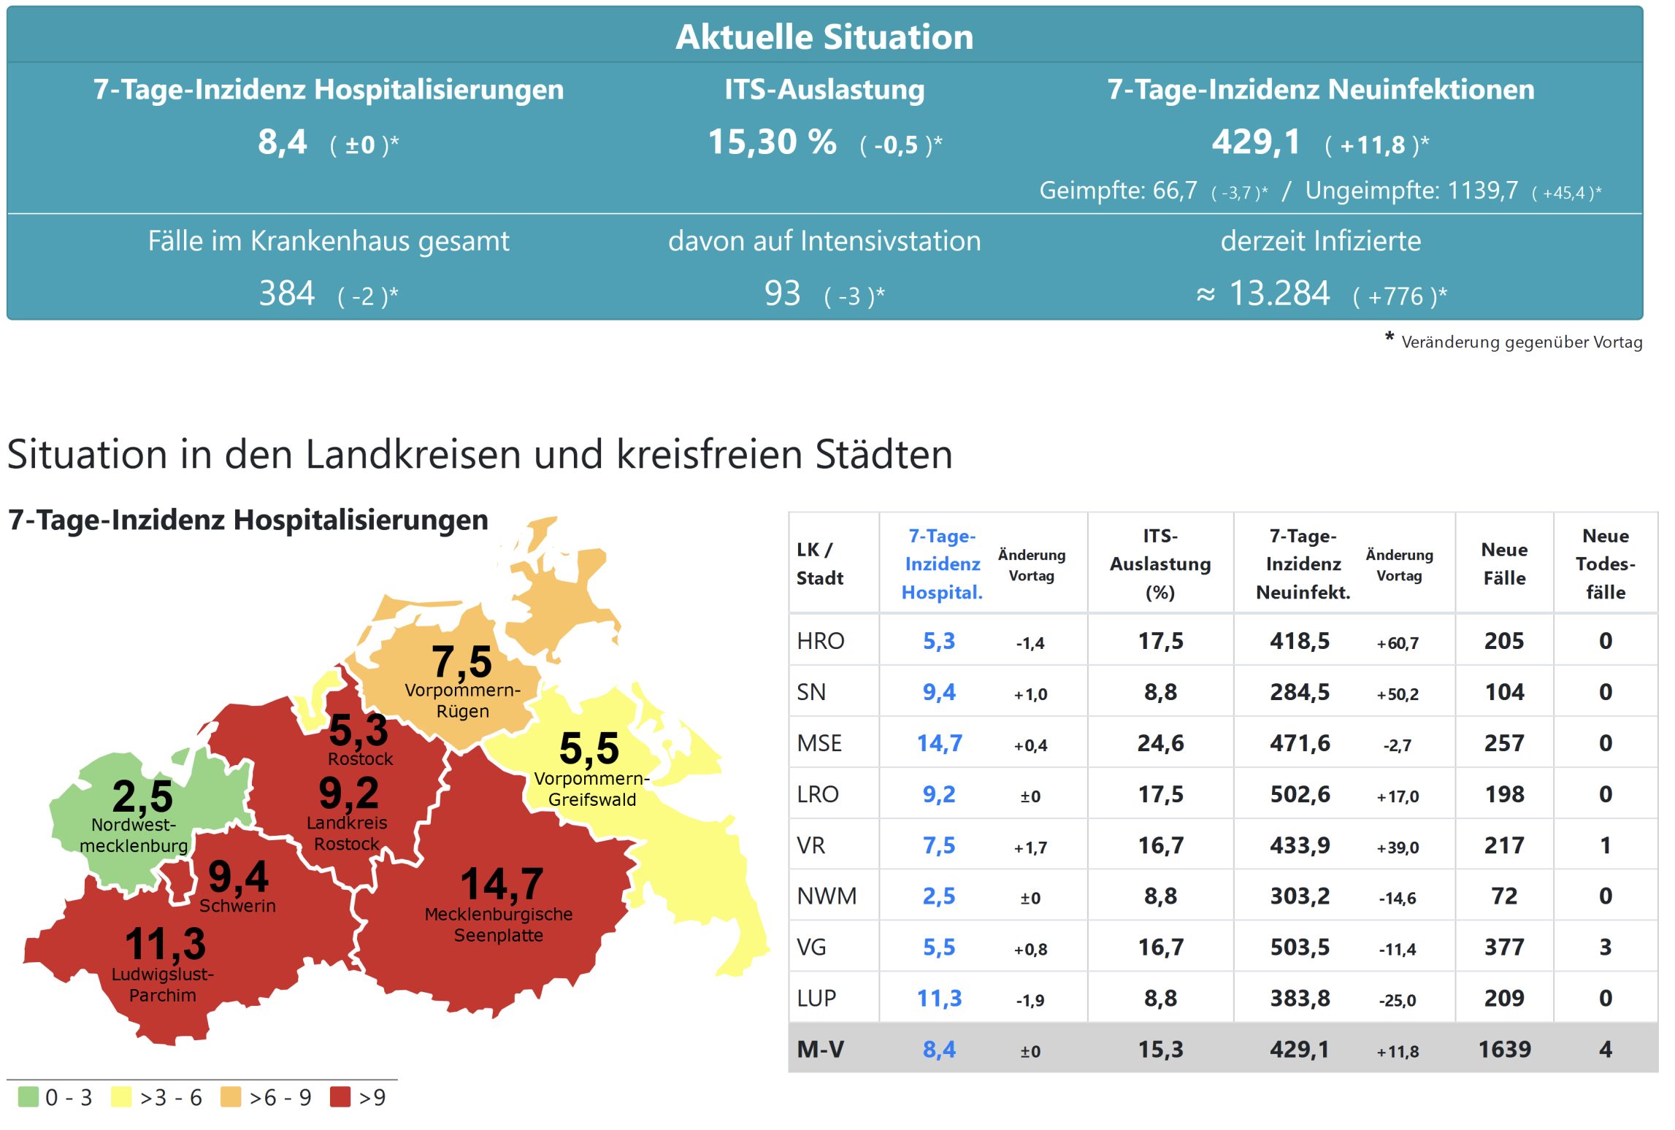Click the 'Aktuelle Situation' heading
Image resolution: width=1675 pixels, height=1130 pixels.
[824, 36]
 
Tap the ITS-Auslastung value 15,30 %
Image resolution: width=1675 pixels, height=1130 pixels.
[772, 142]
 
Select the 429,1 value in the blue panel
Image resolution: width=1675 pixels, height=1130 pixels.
[1256, 142]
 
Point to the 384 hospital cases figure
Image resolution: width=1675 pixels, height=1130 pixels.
[287, 293]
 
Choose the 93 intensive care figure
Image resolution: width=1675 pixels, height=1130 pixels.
[782, 293]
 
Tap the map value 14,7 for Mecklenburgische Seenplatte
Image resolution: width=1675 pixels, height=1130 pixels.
[502, 884]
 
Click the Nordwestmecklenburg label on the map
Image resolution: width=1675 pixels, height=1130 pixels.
[134, 835]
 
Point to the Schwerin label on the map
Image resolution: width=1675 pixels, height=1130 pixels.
[237, 906]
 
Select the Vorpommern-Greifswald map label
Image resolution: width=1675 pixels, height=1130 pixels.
[591, 789]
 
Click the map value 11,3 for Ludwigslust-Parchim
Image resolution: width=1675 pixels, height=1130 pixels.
[166, 943]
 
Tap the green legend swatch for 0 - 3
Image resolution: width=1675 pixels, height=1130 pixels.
[28, 1096]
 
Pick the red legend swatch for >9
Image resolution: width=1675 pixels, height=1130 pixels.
[340, 1096]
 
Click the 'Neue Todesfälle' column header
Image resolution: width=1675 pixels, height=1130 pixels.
[1605, 564]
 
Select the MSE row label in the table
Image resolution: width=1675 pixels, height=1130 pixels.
[819, 743]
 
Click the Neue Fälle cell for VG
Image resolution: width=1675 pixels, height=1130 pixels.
[1504, 947]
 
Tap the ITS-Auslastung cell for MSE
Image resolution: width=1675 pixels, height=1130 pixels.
[1160, 743]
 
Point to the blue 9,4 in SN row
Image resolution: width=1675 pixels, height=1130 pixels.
[939, 692]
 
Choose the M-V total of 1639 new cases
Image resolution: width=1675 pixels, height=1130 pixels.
[1504, 1049]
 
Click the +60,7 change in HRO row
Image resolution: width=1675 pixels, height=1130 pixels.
[1398, 643]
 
